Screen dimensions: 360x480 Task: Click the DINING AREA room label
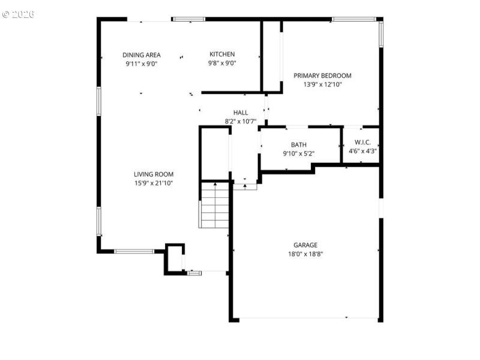(142, 55)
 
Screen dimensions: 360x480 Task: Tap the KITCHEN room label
(222, 55)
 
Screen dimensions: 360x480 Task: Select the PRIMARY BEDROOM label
(322, 76)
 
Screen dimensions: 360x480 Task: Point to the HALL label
(241, 112)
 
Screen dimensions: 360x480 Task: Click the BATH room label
(299, 145)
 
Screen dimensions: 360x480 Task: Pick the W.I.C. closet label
(363, 142)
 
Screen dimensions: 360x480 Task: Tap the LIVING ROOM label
(154, 175)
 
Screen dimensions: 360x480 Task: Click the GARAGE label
(305, 245)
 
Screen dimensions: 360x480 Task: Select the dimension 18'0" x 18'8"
(305, 254)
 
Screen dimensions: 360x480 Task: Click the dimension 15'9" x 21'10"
(154, 184)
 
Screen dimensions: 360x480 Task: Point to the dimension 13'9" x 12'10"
(322, 85)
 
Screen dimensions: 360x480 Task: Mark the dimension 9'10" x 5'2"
(299, 154)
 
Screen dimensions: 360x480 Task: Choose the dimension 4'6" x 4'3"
(363, 151)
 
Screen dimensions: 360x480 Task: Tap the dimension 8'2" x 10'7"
(241, 121)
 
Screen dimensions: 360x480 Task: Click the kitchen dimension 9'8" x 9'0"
(222, 64)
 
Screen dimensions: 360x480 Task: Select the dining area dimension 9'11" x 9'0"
(142, 64)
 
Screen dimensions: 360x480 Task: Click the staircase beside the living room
(215, 205)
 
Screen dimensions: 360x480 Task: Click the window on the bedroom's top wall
(354, 19)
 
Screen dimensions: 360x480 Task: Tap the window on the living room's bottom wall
(134, 251)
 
